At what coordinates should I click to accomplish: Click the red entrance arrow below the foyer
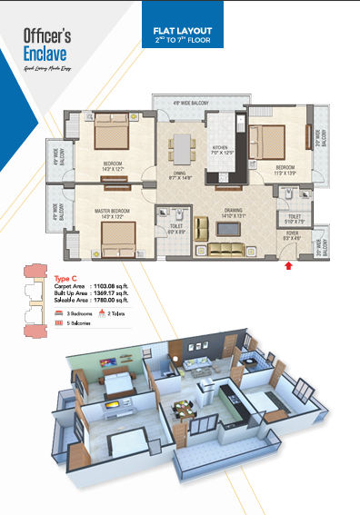coord(289,266)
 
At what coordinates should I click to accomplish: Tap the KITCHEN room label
coord(223,148)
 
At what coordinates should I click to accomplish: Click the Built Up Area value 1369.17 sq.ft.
coord(116,292)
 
